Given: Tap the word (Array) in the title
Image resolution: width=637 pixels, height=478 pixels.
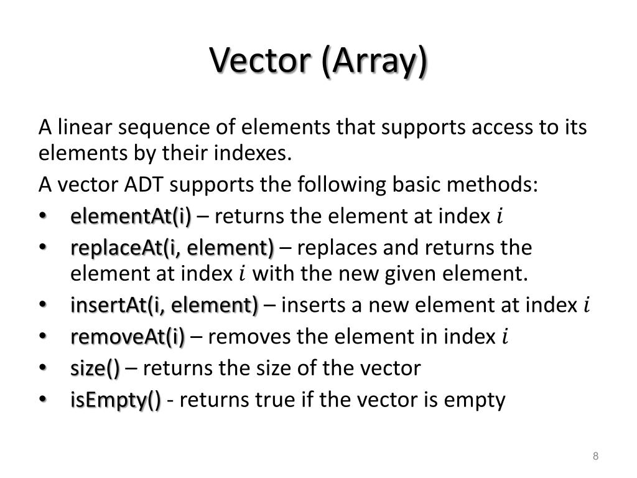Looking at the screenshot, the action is (x=374, y=60).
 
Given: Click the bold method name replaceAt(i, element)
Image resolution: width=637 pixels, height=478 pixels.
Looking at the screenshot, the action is (x=172, y=247).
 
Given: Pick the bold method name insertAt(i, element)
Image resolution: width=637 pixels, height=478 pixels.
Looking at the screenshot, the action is (x=164, y=306).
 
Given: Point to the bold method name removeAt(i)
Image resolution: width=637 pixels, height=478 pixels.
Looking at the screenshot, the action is (x=128, y=337).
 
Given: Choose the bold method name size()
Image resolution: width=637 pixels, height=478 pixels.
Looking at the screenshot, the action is (x=95, y=368).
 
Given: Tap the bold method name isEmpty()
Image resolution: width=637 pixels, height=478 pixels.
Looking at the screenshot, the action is (x=116, y=399).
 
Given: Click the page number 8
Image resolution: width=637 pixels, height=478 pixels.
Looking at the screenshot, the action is (x=595, y=457).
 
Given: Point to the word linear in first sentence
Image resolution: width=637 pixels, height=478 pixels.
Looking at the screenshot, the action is (x=84, y=128).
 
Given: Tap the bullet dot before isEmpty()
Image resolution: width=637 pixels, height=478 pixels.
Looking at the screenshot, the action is (x=42, y=399).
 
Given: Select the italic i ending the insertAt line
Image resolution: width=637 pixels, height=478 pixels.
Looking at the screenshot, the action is (x=586, y=306).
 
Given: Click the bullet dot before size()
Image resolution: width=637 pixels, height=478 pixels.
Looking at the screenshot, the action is (x=42, y=368).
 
